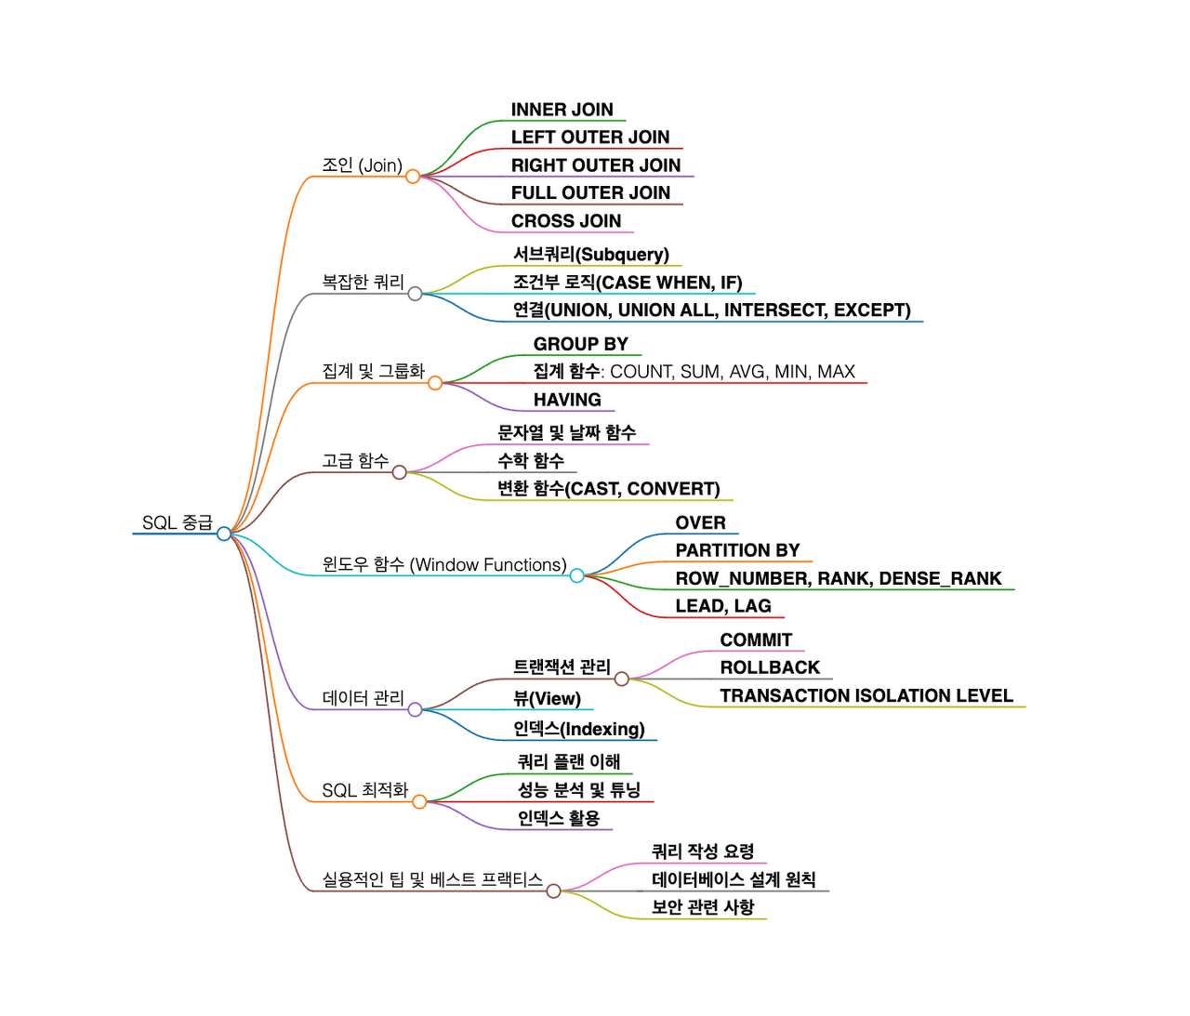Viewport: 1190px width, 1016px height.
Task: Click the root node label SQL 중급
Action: coord(177,522)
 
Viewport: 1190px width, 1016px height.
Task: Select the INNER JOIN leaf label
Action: coord(562,110)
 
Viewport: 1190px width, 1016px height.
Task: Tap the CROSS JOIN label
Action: coord(565,221)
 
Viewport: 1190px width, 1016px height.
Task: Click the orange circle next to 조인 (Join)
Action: coord(413,176)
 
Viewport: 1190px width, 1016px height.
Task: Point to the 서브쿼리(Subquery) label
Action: coord(590,255)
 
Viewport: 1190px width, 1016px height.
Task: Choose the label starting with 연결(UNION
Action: coord(711,310)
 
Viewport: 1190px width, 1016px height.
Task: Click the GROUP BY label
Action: coord(580,344)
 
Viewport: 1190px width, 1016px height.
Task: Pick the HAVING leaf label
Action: coord(567,400)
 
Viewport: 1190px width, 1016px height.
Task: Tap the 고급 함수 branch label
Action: coord(355,461)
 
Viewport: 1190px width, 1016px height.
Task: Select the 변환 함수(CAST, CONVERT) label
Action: coord(608,489)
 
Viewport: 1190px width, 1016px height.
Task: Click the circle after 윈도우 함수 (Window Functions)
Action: coord(576,575)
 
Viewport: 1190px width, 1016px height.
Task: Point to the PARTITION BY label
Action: coord(737,550)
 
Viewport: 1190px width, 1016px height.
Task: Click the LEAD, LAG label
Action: coord(723,606)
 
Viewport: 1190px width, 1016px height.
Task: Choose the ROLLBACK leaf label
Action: coord(770,667)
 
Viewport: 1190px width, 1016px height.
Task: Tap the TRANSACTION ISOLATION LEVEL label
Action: coord(866,695)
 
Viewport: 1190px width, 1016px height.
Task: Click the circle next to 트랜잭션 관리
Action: coord(622,679)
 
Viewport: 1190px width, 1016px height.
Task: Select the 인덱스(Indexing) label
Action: coord(578,729)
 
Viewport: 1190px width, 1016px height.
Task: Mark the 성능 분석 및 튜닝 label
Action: coord(578,790)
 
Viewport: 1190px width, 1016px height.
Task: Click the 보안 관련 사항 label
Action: coord(702,907)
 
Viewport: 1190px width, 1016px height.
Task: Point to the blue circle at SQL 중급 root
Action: coord(223,534)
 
